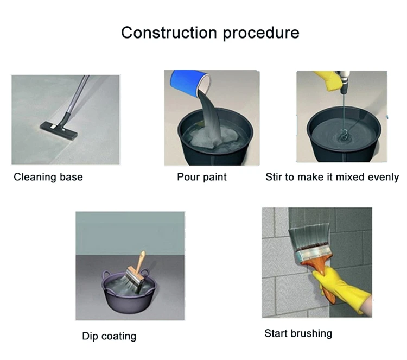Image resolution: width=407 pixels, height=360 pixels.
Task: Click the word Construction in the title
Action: pos(169,33)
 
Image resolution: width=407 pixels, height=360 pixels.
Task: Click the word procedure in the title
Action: pos(261,34)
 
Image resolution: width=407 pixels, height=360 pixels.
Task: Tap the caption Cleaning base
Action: pos(48,177)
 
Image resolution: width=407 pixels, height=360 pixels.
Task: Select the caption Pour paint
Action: pos(202,177)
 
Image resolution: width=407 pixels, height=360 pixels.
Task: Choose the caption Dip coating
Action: pos(109,336)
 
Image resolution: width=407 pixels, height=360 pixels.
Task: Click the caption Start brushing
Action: pos(298,333)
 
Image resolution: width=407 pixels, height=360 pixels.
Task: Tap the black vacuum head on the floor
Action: pos(59,130)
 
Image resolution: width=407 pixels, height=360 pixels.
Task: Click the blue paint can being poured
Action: pos(190,82)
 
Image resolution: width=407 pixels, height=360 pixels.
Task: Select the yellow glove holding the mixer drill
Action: pos(328,80)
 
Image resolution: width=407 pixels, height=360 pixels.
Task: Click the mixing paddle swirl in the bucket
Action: pos(344,136)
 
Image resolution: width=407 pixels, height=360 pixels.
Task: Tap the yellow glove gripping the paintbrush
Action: pos(340,288)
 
